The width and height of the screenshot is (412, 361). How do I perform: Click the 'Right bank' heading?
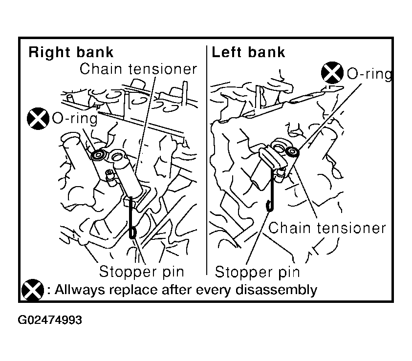click(71, 52)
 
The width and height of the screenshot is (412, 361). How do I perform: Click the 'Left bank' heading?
click(248, 52)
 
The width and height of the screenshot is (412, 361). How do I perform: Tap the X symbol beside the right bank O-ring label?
click(38, 118)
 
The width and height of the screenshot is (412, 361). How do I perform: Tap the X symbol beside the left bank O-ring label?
click(332, 73)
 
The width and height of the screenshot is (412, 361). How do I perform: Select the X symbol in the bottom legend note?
click(33, 290)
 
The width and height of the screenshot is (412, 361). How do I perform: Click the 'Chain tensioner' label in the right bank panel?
click(138, 69)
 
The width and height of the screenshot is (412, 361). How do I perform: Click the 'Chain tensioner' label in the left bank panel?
click(327, 228)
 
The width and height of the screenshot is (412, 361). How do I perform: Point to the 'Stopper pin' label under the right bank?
click(141, 272)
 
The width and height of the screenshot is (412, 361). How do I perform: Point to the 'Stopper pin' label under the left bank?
click(257, 272)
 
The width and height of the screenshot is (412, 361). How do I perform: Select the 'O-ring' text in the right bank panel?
click(75, 118)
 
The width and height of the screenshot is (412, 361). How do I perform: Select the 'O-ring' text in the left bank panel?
click(369, 73)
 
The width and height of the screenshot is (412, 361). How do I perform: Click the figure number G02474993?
click(50, 320)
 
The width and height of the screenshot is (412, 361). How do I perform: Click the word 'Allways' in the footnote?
click(79, 290)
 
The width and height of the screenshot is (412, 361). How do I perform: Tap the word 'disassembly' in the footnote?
click(276, 290)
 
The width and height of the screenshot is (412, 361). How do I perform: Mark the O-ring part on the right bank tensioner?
click(99, 155)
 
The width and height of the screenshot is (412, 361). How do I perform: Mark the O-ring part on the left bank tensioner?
click(292, 152)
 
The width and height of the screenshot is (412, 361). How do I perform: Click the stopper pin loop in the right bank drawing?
click(133, 233)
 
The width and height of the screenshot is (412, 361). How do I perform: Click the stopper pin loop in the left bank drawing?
click(270, 206)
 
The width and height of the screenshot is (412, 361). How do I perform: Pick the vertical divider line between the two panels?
click(207, 160)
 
